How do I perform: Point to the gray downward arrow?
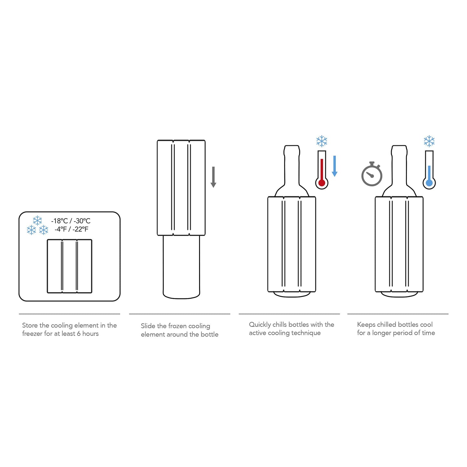click(213, 177)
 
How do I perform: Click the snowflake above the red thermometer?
click(322, 141)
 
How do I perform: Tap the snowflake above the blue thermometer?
click(429, 141)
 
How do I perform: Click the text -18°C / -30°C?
click(71, 221)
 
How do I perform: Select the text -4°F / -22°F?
click(71, 229)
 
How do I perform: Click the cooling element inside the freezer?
click(69, 266)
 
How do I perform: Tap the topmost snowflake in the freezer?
click(37, 221)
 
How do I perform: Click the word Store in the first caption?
click(30, 325)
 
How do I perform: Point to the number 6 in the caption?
click(79, 334)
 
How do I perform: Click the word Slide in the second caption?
click(148, 326)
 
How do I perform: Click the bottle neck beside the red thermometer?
click(292, 165)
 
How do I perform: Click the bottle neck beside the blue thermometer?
click(399, 165)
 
